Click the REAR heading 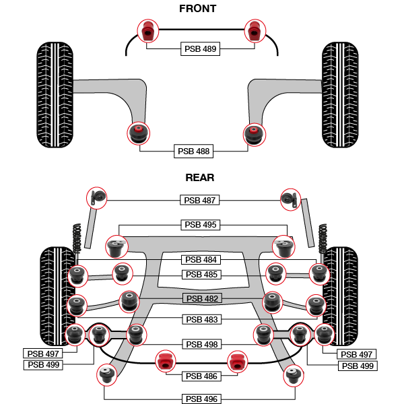(199, 178)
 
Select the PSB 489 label (201, 48)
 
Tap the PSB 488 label (194, 151)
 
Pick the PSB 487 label (201, 200)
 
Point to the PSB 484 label (201, 260)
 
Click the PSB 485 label (201, 275)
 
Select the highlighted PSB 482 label (203, 298)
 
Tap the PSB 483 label (203, 319)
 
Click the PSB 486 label (201, 376)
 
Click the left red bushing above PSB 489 (147, 31)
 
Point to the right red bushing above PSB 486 (235, 361)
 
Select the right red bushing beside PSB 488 (254, 132)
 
